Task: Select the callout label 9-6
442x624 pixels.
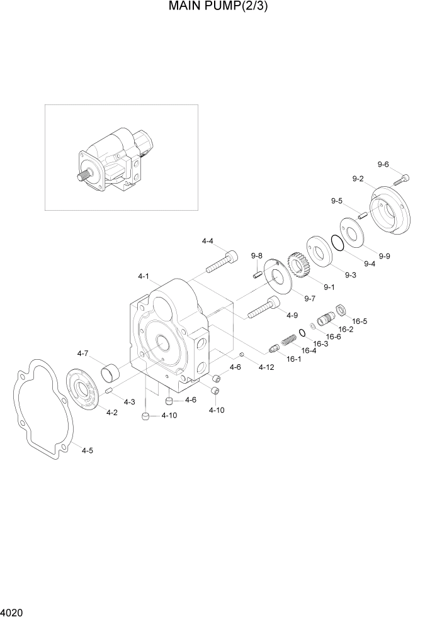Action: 383,165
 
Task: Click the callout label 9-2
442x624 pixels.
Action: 358,179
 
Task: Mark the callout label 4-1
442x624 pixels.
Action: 143,276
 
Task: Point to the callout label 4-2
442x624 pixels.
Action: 112,413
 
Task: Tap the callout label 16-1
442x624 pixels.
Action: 293,359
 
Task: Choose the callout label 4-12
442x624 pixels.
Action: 266,367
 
